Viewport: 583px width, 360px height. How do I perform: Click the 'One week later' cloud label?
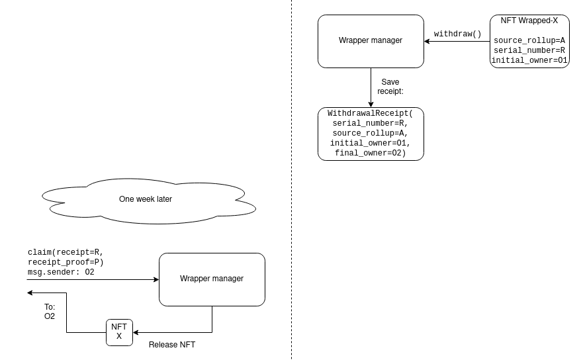click(x=146, y=199)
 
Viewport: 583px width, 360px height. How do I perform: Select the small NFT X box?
click(x=119, y=332)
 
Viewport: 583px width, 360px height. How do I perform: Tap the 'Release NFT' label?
click(x=172, y=345)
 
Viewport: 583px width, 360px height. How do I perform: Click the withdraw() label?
click(x=457, y=34)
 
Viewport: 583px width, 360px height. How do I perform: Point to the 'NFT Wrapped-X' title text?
click(x=529, y=21)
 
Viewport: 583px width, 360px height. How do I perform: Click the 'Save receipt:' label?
click(x=390, y=86)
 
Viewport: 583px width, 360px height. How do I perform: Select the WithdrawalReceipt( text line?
click(x=371, y=113)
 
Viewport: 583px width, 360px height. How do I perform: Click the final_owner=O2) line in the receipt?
click(x=371, y=153)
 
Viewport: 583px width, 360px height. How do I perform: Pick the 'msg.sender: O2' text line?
click(x=61, y=272)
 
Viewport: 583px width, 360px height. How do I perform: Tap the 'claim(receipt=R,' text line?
click(x=66, y=252)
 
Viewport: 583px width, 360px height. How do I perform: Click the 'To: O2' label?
click(x=50, y=311)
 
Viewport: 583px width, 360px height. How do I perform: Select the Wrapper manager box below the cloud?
click(x=212, y=280)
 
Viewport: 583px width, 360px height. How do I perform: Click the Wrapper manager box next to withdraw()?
click(x=371, y=41)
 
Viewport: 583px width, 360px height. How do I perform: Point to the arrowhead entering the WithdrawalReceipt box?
click(x=371, y=105)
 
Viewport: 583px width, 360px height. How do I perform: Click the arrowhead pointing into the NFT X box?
click(x=136, y=332)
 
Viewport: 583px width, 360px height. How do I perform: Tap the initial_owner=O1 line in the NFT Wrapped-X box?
click(x=529, y=60)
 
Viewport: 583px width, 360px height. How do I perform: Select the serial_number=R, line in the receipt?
click(x=371, y=123)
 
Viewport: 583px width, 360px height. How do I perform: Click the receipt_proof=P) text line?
click(x=66, y=262)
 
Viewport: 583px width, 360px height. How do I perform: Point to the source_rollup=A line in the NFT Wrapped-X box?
click(x=529, y=40)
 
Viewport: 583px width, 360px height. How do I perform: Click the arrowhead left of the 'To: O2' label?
click(x=30, y=293)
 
